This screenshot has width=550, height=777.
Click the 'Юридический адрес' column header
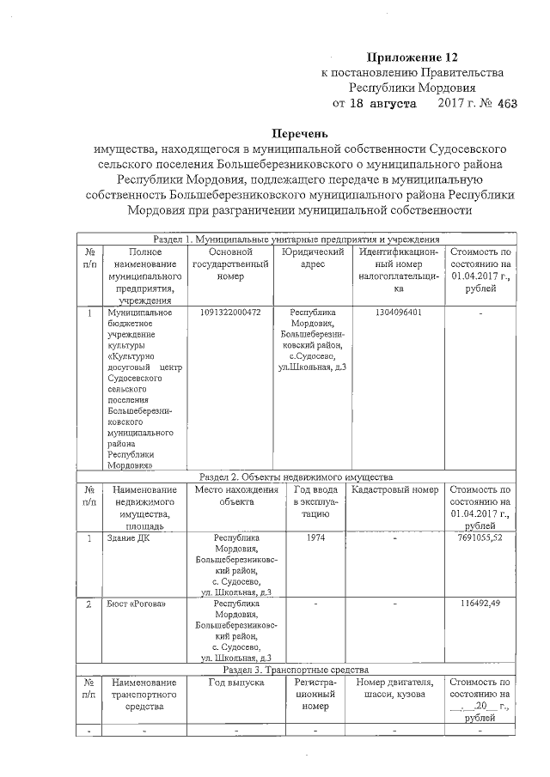click(312, 258)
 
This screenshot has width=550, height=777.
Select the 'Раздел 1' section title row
click(296, 239)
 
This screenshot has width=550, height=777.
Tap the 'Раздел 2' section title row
click(296, 476)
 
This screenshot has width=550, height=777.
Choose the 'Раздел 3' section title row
click(296, 669)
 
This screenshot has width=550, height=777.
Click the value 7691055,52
click(480, 538)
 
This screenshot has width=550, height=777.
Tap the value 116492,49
click(480, 604)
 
